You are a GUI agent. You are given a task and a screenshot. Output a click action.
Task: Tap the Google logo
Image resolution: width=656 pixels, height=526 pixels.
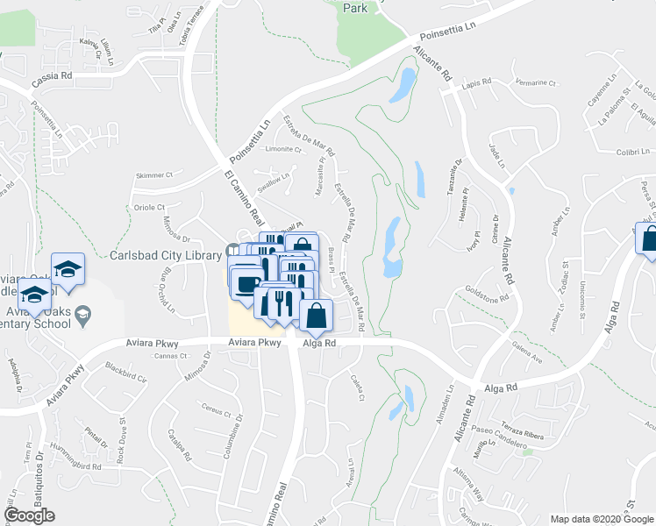point(29,515)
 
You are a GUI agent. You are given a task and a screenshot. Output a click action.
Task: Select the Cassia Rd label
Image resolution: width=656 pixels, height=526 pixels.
point(53,76)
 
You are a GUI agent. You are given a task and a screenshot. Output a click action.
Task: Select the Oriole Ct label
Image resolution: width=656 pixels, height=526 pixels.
point(149,208)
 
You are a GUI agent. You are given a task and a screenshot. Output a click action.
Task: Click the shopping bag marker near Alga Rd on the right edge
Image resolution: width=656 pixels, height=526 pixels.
point(648,238)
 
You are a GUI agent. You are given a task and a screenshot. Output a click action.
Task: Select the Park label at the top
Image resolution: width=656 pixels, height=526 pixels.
point(354,8)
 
